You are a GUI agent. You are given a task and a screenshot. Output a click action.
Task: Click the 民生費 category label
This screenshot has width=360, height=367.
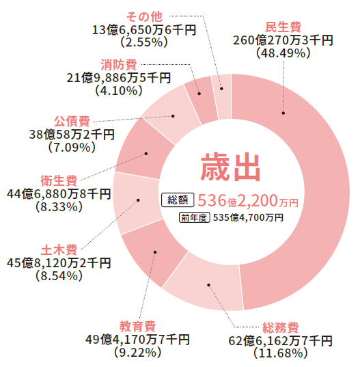(283, 27)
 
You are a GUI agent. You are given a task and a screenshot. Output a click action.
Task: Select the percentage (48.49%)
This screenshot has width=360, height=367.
(283, 53)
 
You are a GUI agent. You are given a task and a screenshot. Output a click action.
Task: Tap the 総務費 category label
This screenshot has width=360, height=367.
(281, 327)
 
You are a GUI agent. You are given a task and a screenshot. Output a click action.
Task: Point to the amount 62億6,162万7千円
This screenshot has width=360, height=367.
(280, 340)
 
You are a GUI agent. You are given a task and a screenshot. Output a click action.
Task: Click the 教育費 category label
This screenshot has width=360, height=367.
(137, 326)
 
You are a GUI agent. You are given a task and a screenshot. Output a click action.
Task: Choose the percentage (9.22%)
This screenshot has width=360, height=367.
(137, 353)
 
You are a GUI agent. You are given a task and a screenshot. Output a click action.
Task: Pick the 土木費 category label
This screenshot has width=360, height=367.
(59, 249)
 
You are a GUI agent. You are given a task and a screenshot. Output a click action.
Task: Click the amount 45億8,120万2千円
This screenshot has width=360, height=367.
(59, 263)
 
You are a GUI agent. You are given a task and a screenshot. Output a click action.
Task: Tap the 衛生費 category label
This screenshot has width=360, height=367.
(59, 180)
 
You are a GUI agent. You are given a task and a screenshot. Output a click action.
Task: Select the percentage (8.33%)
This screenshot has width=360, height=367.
(59, 207)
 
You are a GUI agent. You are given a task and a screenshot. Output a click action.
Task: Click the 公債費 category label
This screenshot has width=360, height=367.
(72, 121)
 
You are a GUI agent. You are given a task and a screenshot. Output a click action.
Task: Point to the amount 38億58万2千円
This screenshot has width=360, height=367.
(72, 135)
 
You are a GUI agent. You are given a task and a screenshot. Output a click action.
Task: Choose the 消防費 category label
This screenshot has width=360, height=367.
(119, 65)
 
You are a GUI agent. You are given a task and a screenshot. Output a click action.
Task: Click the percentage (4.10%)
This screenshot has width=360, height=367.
(119, 91)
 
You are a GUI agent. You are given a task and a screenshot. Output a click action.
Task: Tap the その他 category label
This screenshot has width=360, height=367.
(144, 16)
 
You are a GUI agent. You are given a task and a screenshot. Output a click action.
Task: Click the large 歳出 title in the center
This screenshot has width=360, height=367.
(230, 167)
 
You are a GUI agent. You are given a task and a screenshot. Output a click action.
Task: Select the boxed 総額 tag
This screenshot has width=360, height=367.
(178, 200)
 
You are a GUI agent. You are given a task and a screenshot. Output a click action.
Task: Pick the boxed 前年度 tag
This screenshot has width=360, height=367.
(194, 218)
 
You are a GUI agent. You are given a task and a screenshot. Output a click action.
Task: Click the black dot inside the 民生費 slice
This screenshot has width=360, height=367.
(283, 113)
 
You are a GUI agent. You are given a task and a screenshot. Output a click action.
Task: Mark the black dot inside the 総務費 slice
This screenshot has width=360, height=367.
(208, 285)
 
